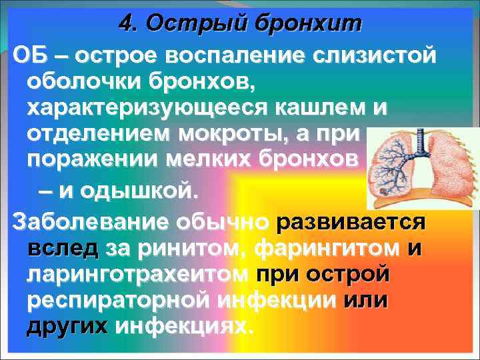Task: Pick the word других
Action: pos(67,327)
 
